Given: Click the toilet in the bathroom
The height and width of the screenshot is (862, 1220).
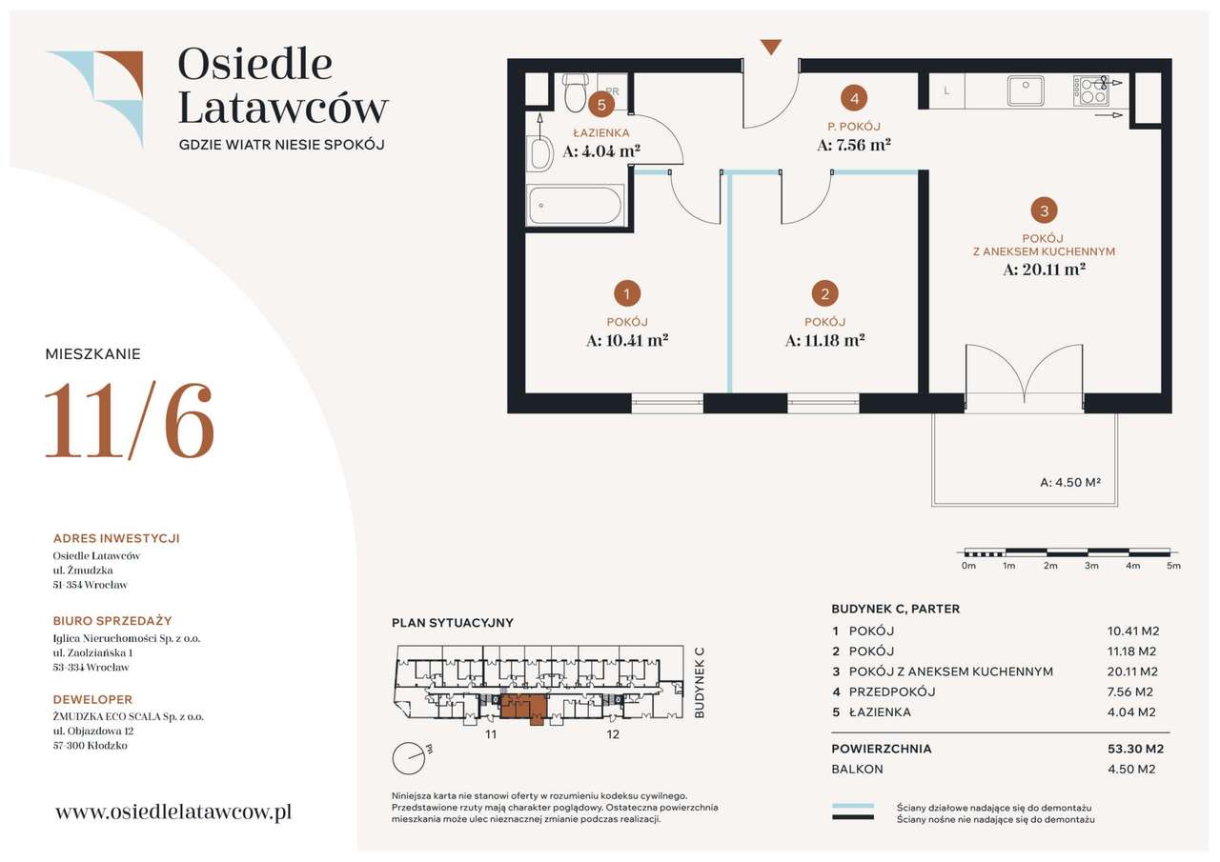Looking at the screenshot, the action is [575, 92].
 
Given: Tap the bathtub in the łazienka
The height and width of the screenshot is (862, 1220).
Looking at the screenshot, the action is [576, 206].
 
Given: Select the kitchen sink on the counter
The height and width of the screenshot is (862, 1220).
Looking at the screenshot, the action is [1025, 90].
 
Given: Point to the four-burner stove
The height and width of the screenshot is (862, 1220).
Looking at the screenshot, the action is [1091, 90].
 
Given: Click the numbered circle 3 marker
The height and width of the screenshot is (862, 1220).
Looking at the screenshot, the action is [1044, 210].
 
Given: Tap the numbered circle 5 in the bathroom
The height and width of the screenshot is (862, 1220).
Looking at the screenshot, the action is [601, 105].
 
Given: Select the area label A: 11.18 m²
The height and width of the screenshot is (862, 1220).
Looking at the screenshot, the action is [825, 341].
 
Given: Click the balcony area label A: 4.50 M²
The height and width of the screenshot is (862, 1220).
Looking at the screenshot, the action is [1070, 482].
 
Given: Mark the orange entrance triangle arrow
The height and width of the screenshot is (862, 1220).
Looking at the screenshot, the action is [771, 47].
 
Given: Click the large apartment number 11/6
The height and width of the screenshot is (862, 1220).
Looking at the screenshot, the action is [130, 422].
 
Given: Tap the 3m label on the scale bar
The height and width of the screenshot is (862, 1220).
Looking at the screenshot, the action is [1091, 566].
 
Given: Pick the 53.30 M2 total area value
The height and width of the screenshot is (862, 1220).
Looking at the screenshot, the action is [1135, 749].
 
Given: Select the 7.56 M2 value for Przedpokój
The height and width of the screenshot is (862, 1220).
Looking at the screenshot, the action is [1130, 692].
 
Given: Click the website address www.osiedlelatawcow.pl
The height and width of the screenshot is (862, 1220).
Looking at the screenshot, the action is [173, 812].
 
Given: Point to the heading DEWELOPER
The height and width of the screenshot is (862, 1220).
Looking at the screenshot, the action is [92, 699].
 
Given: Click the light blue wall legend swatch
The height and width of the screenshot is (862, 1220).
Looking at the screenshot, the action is [852, 806].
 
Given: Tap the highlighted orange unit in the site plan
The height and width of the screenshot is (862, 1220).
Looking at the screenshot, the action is [523, 708].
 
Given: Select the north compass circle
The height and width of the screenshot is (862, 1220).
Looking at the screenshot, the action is [408, 758].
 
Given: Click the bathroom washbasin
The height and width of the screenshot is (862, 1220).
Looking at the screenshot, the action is [539, 153].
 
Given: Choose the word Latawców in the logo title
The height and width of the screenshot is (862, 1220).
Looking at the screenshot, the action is [283, 108].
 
